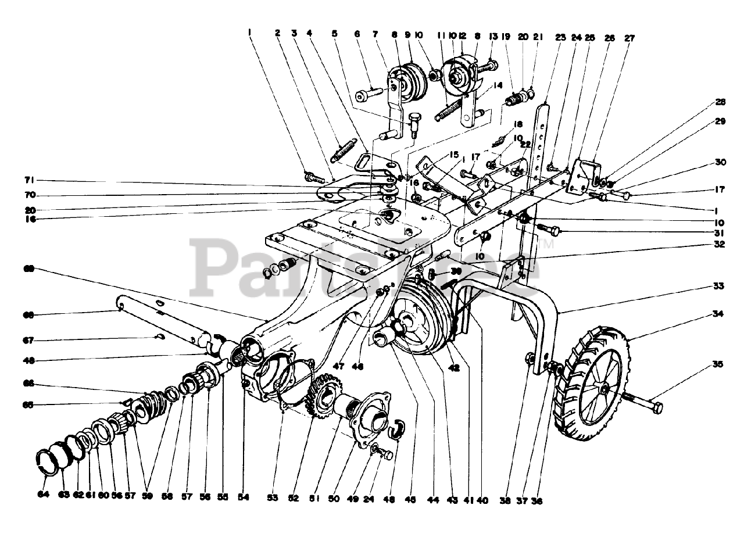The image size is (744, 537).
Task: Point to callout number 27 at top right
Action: pos(629,38)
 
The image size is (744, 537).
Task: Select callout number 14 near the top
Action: pos(497,85)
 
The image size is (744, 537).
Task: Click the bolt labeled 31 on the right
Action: pos(550,230)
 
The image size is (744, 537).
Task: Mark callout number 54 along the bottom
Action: pos(244,498)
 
